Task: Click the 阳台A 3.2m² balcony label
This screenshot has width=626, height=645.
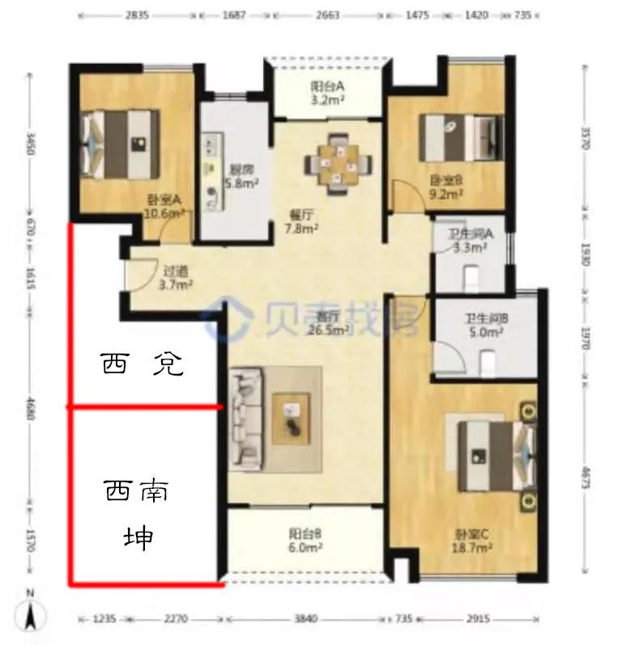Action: tap(327, 95)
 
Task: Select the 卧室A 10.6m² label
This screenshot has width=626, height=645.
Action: tap(164, 207)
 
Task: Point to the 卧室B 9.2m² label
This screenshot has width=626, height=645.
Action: tap(445, 188)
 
